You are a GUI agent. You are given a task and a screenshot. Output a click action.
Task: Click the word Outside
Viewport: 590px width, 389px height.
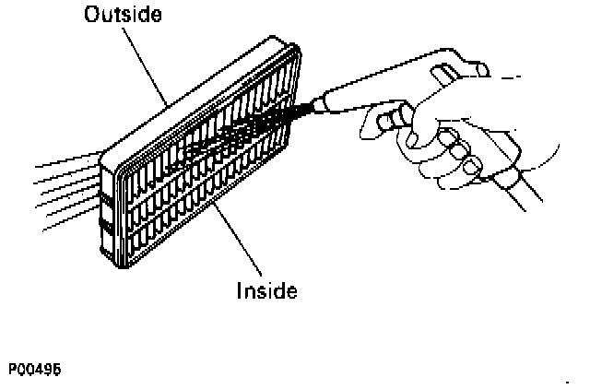tap(124, 16)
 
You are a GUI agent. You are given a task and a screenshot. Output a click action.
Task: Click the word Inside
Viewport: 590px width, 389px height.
tap(267, 291)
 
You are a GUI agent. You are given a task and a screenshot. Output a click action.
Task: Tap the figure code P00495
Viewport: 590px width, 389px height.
tap(36, 367)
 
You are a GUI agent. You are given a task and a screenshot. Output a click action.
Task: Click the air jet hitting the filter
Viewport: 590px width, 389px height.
tap(267, 124)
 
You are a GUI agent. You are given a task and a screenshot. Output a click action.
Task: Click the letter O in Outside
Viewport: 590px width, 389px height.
tap(91, 16)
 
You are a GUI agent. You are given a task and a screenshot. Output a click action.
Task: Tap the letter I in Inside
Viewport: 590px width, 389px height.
tap(240, 291)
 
